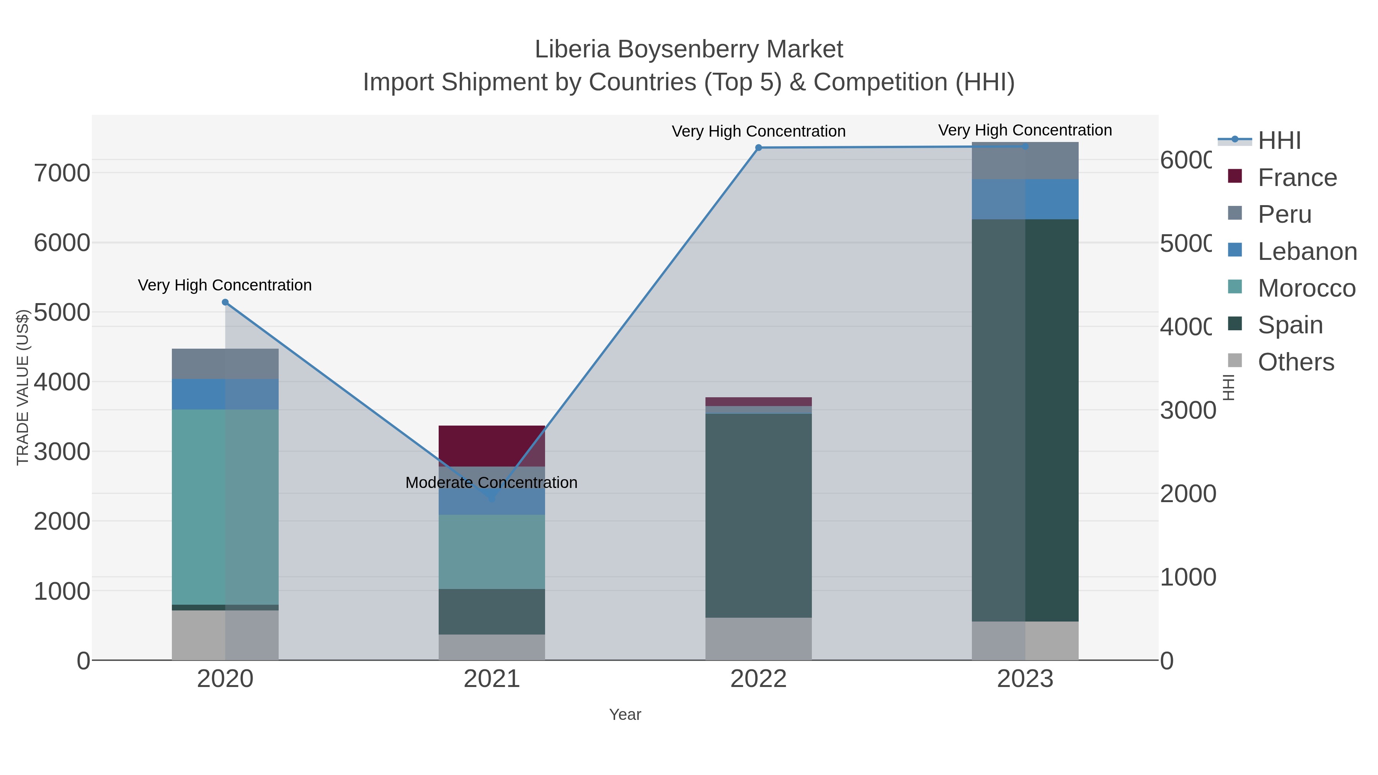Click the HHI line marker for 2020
point(225,302)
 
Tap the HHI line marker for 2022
point(759,148)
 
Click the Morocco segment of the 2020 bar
point(225,507)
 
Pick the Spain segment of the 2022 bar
point(759,516)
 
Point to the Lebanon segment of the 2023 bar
point(1025,199)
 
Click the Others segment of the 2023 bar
point(1025,640)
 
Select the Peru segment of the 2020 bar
point(225,364)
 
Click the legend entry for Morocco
point(1306,288)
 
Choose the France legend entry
point(1297,178)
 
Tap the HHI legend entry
point(1278,141)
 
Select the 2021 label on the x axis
point(491,679)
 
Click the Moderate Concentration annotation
point(491,483)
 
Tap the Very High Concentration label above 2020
point(225,285)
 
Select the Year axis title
point(625,715)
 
